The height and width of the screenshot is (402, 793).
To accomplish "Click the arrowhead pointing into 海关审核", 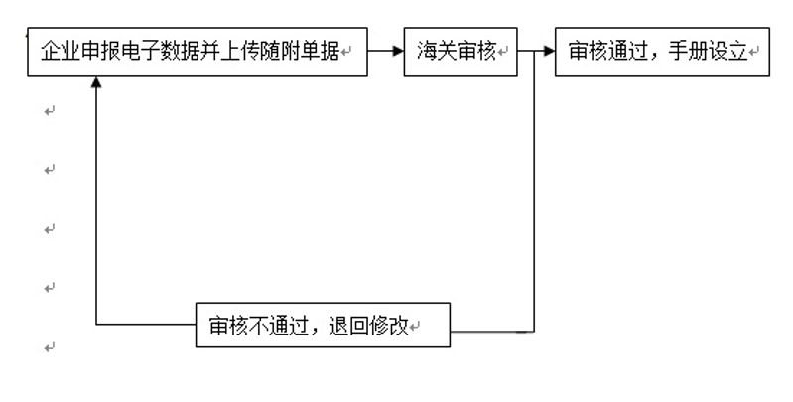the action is [x=399, y=51].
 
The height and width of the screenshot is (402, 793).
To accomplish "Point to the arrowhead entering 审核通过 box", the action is [x=549, y=51].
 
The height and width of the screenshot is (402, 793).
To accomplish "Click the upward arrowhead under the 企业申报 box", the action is [x=96, y=82].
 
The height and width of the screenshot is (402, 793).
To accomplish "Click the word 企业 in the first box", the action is [x=61, y=51].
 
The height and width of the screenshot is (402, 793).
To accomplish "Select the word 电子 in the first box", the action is [x=141, y=51].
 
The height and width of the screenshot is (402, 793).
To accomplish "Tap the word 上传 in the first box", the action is [x=240, y=51].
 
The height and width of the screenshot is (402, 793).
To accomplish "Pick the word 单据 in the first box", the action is [x=320, y=51].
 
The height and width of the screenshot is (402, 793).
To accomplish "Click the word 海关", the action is [x=437, y=51].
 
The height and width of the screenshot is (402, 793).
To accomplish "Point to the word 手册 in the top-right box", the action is [x=688, y=51].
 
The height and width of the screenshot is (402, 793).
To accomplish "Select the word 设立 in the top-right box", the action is [x=727, y=51].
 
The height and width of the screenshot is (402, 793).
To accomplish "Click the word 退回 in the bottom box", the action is [x=348, y=326].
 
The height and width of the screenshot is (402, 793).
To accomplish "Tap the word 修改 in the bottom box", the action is [x=388, y=326].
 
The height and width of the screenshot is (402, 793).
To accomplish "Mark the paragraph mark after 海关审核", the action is [x=501, y=52].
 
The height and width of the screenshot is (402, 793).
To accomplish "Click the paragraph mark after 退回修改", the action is [x=414, y=327].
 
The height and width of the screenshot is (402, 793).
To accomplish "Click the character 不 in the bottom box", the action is [x=259, y=326].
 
